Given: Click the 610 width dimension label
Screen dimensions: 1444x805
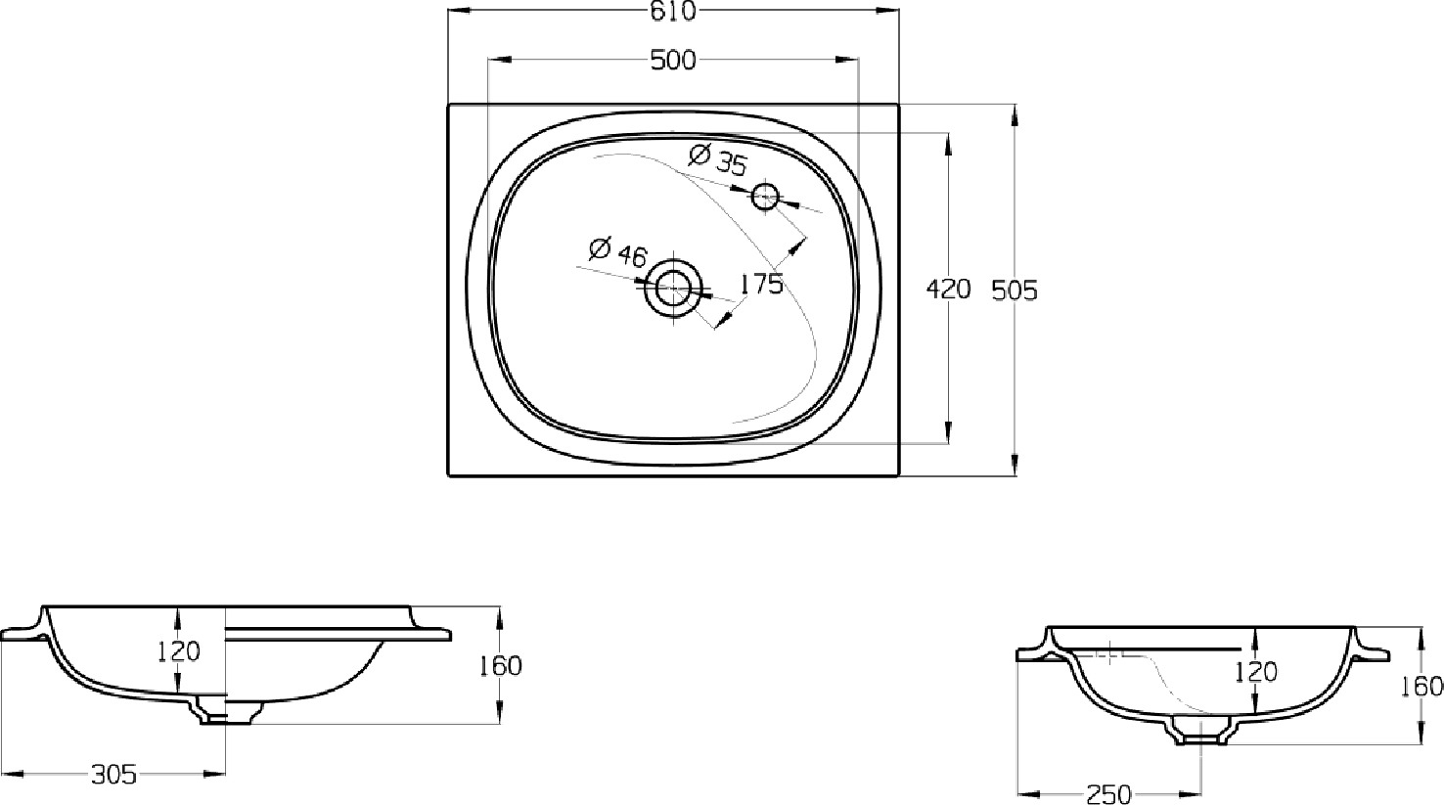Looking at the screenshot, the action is point(673,11).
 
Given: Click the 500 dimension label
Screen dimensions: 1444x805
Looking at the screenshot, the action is point(673,61).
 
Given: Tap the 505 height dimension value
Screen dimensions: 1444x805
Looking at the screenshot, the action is point(1014,291).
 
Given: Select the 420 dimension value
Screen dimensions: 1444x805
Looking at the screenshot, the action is point(948,291).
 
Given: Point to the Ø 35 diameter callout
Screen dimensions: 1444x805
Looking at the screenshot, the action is point(717,160).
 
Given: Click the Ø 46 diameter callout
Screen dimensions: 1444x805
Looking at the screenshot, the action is point(617,252).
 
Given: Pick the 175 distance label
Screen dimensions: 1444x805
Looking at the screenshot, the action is point(761,284).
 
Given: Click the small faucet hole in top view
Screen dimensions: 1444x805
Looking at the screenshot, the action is point(766,196).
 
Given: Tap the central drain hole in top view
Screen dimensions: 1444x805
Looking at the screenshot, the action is point(674,289).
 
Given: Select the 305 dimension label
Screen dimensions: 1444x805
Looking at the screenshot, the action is point(114,775).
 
